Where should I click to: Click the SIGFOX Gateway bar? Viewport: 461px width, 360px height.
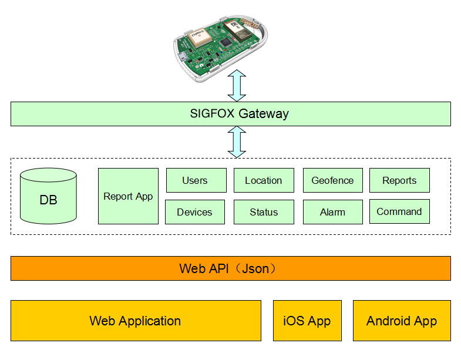(230, 114)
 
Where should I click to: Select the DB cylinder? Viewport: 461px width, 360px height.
(49, 196)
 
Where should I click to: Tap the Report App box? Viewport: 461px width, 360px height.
(128, 196)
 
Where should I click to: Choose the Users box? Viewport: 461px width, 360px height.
(196, 180)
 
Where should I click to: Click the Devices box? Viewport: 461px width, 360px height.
(195, 212)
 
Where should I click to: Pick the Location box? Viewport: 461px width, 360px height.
(264, 180)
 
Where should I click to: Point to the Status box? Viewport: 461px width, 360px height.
(264, 212)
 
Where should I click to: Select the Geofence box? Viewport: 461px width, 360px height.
(333, 180)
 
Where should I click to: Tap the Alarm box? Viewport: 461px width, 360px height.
(333, 212)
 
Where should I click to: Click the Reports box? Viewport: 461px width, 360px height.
(399, 180)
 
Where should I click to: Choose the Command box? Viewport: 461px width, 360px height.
(399, 211)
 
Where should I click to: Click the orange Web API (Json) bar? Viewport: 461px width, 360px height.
(230, 268)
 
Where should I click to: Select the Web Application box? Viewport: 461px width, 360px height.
(136, 321)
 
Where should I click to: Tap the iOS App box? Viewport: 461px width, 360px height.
(307, 321)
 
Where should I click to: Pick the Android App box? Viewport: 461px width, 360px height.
(402, 321)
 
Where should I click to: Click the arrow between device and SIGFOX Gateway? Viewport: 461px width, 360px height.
(237, 86)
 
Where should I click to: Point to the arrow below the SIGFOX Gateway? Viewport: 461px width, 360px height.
(237, 142)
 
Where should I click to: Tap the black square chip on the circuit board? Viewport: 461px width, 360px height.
(226, 42)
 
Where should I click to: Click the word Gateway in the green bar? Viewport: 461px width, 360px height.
(264, 114)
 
